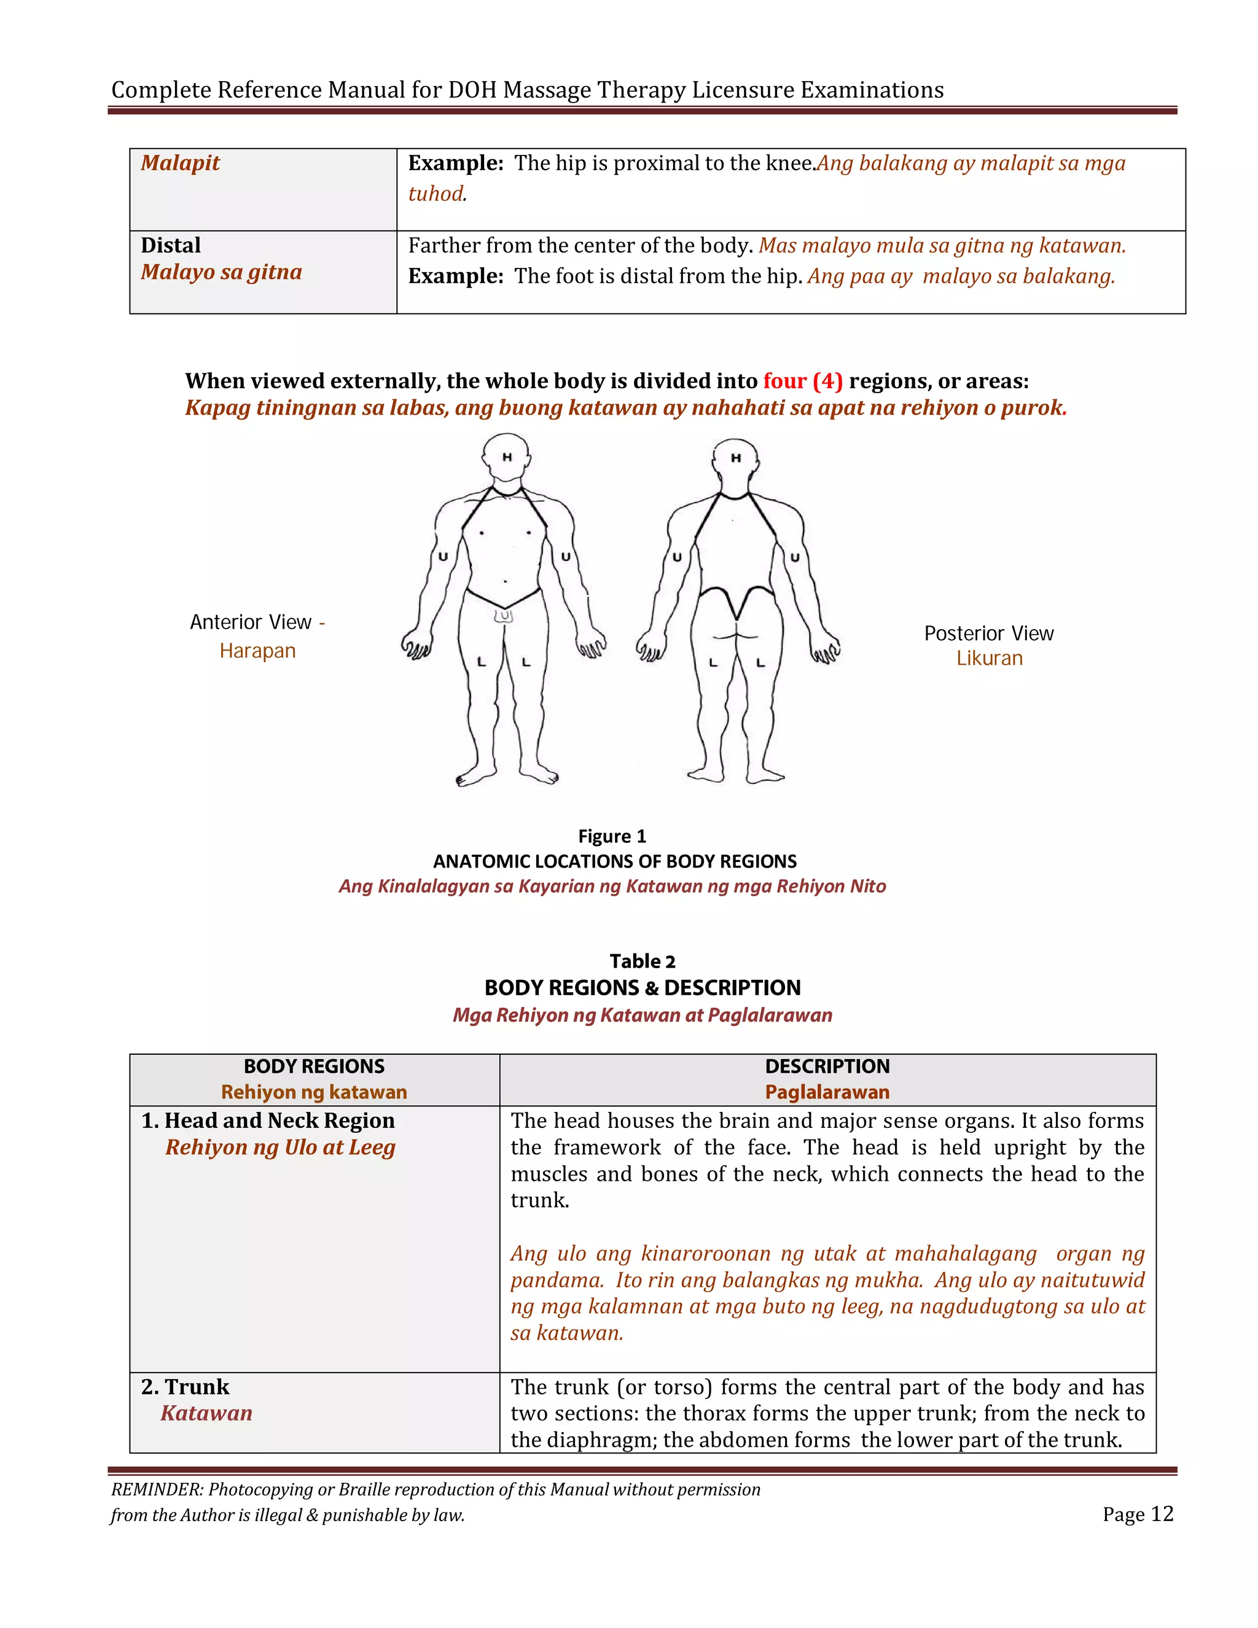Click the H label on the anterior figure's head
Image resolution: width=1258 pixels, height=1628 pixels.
click(x=507, y=457)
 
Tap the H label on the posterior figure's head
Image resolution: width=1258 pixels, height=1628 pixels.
click(x=735, y=458)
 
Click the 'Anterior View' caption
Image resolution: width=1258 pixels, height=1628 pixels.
click(x=251, y=622)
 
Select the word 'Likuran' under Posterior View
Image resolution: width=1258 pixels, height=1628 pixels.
click(x=989, y=658)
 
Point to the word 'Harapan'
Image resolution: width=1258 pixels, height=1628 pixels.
click(x=257, y=651)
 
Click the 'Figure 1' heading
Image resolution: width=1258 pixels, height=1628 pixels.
click(x=612, y=836)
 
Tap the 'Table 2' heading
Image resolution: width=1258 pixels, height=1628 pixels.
click(x=642, y=961)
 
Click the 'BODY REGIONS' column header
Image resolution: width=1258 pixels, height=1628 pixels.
click(x=314, y=1066)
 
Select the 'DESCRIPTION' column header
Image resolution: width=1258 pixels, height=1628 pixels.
click(x=827, y=1066)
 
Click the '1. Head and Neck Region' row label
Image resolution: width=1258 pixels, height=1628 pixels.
click(x=268, y=1121)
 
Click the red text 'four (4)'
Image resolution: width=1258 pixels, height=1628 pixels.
click(x=802, y=381)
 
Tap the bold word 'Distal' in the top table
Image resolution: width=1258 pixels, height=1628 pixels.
click(x=171, y=245)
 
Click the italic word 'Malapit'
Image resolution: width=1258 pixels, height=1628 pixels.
click(x=181, y=163)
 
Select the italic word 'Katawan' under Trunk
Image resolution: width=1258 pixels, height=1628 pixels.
click(x=206, y=1414)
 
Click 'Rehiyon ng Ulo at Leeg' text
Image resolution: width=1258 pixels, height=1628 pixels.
click(x=280, y=1147)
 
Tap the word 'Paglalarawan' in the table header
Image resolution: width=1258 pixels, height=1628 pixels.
click(x=827, y=1092)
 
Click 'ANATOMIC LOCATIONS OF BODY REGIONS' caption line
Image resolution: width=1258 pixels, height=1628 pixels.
click(x=615, y=861)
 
